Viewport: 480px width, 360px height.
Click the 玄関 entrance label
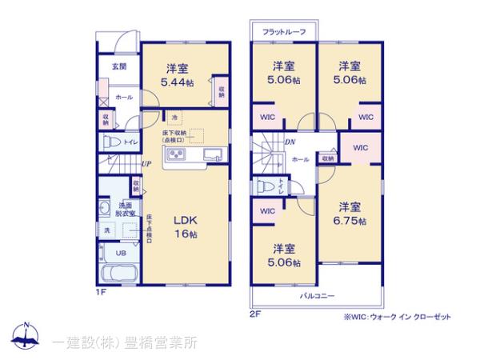pyautogui.click(x=117, y=67)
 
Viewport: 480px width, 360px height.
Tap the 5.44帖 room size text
pyautogui.click(x=178, y=82)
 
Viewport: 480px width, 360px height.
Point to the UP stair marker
pyautogui.click(x=146, y=165)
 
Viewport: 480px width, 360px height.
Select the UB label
pyautogui.click(x=120, y=253)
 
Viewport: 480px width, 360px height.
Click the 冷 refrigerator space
pyautogui.click(x=173, y=118)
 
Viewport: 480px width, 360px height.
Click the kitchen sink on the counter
pyautogui.click(x=212, y=154)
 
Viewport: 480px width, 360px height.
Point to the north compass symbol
pyautogui.click(x=26, y=336)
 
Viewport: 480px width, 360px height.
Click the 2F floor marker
pyautogui.click(x=254, y=314)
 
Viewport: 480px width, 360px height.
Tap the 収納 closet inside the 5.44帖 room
pyautogui.click(x=221, y=90)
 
